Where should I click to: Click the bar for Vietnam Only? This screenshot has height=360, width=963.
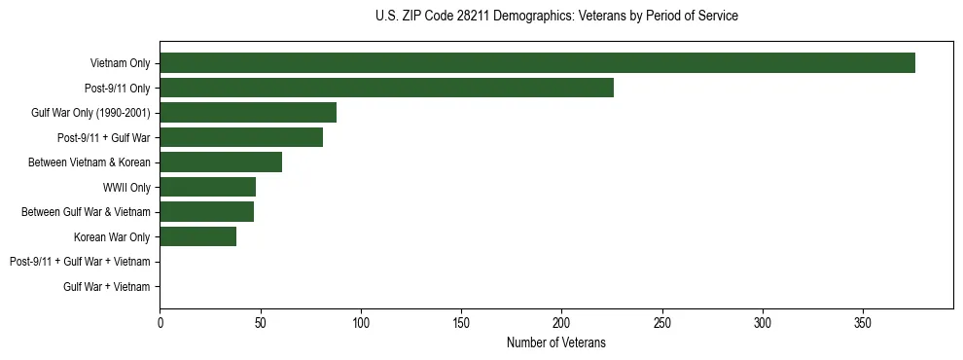pyautogui.click(x=537, y=63)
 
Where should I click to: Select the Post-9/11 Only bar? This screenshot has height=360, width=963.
pyautogui.click(x=386, y=88)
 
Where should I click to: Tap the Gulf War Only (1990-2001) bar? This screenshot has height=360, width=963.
pyautogui.click(x=248, y=113)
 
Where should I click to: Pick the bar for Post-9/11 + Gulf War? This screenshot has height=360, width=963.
pyautogui.click(x=241, y=137)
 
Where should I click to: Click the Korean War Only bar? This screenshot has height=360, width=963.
pyautogui.click(x=197, y=236)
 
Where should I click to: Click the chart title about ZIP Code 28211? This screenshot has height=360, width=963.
pyautogui.click(x=556, y=17)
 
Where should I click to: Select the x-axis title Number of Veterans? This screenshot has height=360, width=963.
pyautogui.click(x=556, y=342)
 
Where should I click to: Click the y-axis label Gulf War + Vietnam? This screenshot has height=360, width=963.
pyautogui.click(x=107, y=287)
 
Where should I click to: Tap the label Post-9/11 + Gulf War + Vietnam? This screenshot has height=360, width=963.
pyautogui.click(x=80, y=262)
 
